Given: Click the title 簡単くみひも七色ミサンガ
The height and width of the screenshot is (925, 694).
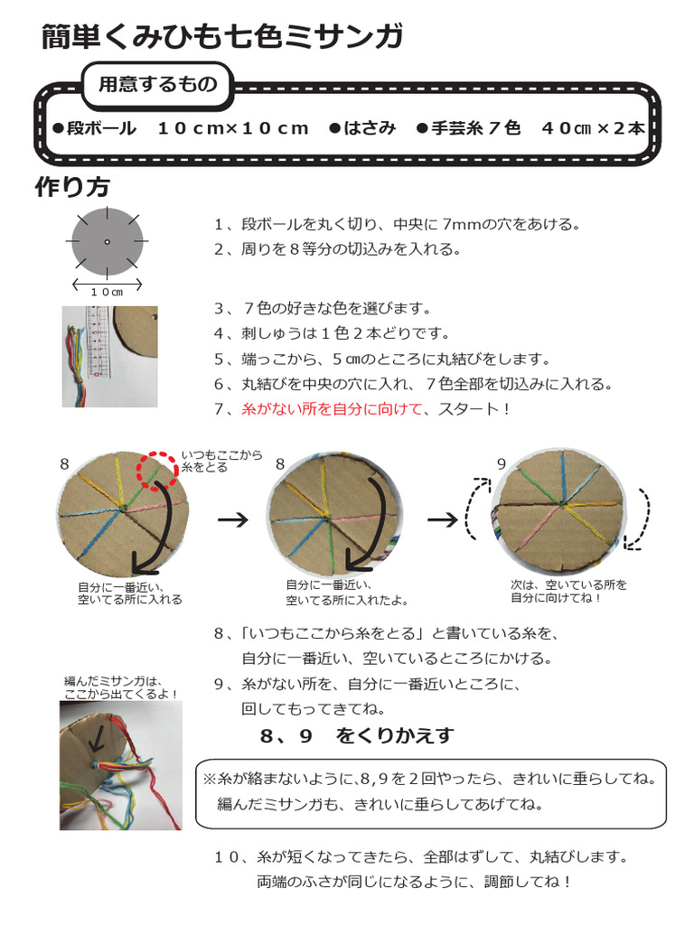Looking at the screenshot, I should [221, 37].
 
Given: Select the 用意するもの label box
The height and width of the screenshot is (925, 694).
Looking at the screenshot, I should [157, 85].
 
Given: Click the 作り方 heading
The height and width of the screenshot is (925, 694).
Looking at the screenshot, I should [72, 187].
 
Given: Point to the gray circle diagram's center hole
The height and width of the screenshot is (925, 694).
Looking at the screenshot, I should [108, 242].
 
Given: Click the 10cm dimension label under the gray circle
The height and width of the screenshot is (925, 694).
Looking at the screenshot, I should [108, 292].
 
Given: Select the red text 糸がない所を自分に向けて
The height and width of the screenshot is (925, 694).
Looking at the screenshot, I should [332, 409].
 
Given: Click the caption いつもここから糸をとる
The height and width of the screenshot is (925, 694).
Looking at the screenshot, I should [221, 461].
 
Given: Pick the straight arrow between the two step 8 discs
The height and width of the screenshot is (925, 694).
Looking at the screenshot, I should [233, 520].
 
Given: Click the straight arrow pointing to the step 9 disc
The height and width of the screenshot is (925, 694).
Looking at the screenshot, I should [442, 520].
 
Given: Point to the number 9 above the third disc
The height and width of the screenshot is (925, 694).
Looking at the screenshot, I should [502, 463].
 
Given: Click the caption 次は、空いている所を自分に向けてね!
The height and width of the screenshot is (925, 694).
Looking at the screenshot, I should [568, 591].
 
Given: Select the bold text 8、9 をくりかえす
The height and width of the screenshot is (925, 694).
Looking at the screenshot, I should [356, 736].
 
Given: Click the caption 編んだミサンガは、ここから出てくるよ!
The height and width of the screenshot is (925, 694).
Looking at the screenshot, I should [121, 687].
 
